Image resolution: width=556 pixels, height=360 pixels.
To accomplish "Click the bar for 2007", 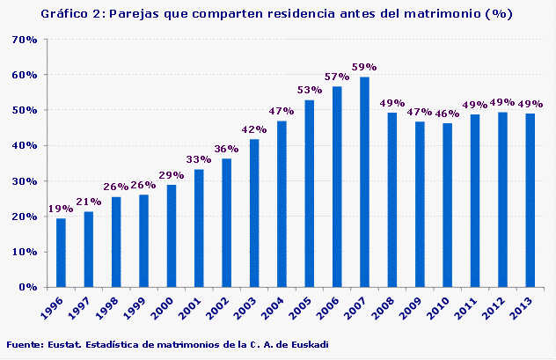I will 364,181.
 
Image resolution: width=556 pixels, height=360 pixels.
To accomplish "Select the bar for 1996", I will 61,252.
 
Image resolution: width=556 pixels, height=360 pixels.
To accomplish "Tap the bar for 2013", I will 530,200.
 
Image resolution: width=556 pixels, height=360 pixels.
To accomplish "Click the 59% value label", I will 364,67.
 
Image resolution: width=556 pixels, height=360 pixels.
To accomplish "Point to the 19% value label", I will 61,209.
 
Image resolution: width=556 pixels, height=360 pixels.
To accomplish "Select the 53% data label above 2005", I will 309,90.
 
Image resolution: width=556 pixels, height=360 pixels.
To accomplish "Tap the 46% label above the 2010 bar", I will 447,114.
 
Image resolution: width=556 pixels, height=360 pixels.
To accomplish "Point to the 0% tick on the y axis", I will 26,287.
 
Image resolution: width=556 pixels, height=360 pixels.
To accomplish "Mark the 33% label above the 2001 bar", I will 199,159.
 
